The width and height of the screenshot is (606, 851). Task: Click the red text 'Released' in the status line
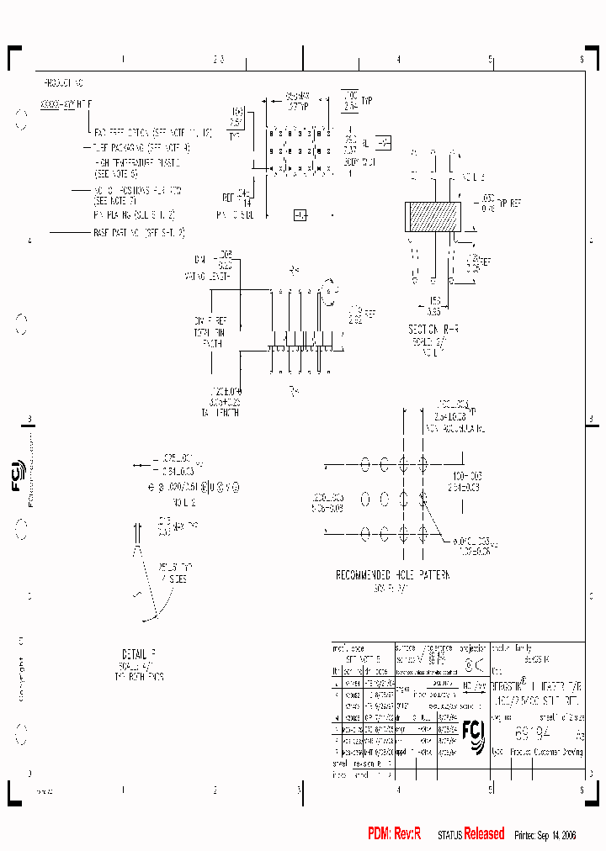484,833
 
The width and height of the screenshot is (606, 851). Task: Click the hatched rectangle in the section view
433,217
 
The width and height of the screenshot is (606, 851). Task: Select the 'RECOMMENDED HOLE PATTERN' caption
392,575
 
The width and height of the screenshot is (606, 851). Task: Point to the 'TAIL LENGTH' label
220,413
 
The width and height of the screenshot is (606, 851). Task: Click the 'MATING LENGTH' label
211,275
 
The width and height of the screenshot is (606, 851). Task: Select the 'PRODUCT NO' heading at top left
63,84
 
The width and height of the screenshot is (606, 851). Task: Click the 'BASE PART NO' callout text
138,231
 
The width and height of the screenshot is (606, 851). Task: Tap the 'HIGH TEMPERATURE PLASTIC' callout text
138,161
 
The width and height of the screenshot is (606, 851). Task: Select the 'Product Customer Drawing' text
545,753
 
